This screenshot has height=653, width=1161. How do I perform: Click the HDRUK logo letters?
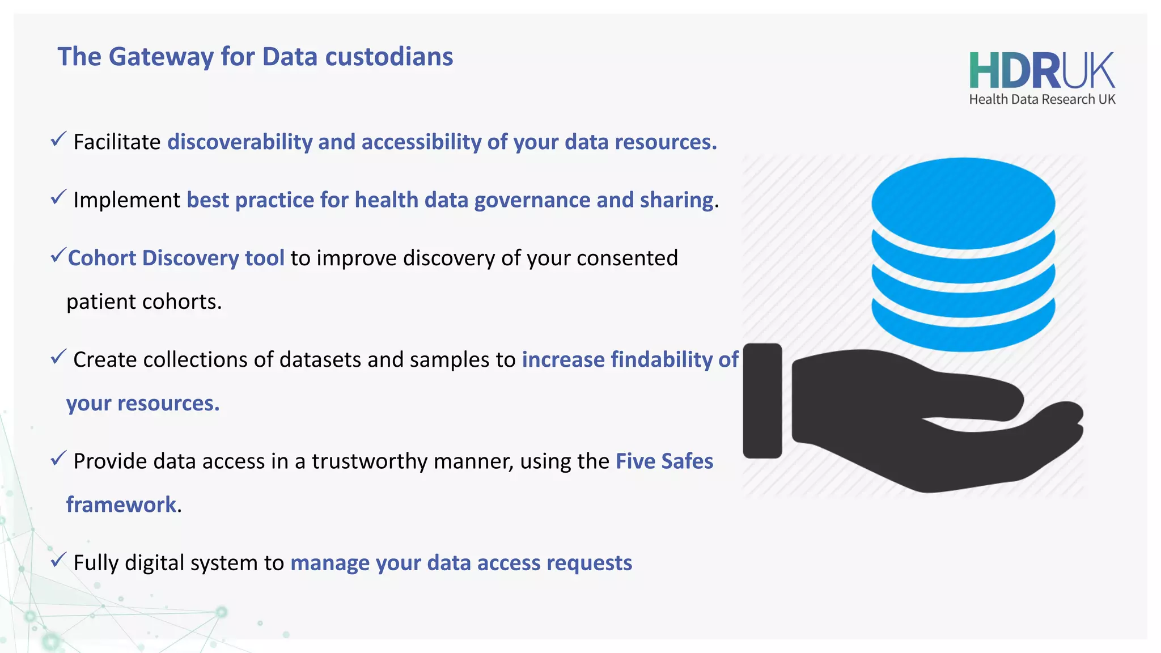[x=1041, y=71]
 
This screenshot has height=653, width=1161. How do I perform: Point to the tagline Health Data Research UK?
[x=1042, y=100]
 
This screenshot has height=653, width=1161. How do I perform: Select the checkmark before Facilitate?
[x=58, y=139]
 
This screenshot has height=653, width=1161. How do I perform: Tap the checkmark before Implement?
[x=58, y=197]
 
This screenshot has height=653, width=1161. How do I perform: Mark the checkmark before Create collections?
[x=58, y=357]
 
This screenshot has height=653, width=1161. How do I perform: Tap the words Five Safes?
[x=664, y=461]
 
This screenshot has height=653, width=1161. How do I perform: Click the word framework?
[x=121, y=504]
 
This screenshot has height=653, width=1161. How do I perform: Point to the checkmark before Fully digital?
[x=58, y=560]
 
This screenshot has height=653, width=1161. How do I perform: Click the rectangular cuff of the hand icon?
[x=762, y=400]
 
